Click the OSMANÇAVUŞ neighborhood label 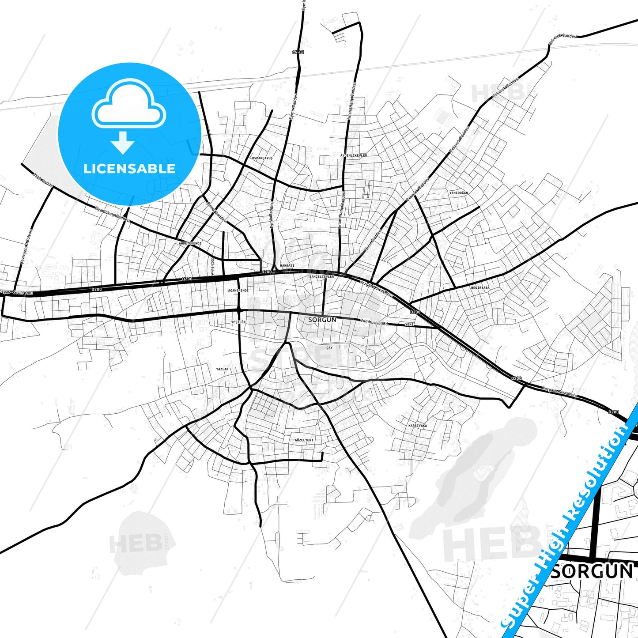(x=262, y=158)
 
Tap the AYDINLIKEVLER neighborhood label (x=354, y=155)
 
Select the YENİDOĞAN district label (x=458, y=193)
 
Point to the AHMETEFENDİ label (x=190, y=243)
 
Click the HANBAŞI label (x=287, y=265)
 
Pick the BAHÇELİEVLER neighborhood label (x=322, y=276)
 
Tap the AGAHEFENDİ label (x=238, y=291)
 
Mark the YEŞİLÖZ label (x=238, y=322)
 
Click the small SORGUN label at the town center (x=322, y=319)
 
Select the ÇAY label (x=329, y=348)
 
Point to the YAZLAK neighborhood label (x=222, y=369)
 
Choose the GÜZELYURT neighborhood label (x=304, y=440)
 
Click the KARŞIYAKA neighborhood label (x=418, y=426)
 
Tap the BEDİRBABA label (x=480, y=288)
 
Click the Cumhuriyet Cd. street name (x=374, y=322)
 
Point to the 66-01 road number (x=298, y=52)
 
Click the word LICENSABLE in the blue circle (x=129, y=168)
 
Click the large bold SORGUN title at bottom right (x=592, y=571)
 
